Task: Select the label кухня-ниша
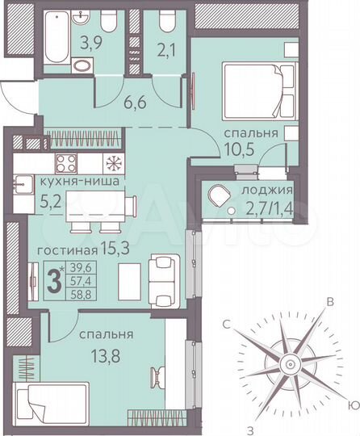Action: coord(81,182)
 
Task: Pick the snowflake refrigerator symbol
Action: coord(113,162)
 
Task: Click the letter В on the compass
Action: coord(329,303)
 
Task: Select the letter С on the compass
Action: coord(228,324)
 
